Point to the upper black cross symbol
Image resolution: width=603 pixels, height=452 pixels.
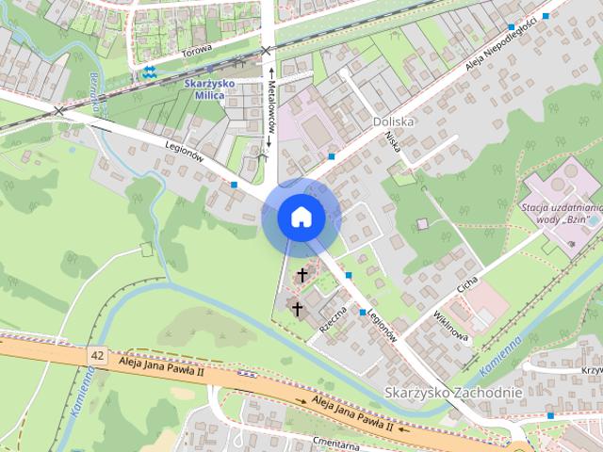pyautogui.click(x=302, y=275)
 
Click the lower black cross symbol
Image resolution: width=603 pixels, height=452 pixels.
pyautogui.click(x=297, y=308)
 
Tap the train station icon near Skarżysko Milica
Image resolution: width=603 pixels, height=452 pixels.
pyautogui.click(x=149, y=73)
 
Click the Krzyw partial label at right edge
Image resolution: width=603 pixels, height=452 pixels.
pyautogui.click(x=591, y=370)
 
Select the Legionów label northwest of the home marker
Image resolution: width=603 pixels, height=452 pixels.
pyautogui.click(x=185, y=152)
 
